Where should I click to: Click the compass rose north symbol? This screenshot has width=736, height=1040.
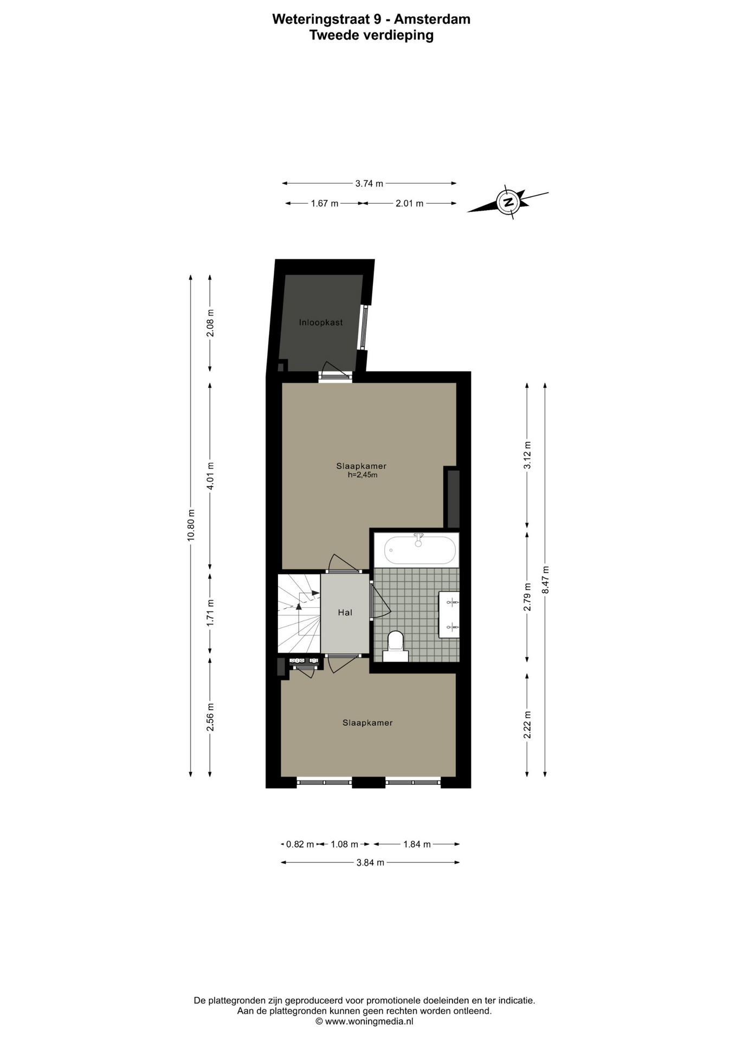[508, 202]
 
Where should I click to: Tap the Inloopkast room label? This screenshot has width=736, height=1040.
[321, 322]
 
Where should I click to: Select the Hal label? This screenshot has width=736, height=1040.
[345, 612]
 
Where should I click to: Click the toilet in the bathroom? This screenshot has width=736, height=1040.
[396, 646]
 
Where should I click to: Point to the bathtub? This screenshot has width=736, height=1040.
[421, 550]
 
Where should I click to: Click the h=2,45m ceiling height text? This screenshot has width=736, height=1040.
[362, 475]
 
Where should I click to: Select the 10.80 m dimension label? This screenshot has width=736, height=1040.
[190, 525]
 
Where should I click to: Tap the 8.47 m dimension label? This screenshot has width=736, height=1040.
[545, 580]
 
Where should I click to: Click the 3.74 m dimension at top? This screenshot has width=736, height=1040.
[369, 184]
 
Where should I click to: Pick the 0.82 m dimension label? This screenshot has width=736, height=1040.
[300, 844]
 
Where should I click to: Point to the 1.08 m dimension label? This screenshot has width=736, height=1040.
[345, 844]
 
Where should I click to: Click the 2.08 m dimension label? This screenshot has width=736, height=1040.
[210, 323]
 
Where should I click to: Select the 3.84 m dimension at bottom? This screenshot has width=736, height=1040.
[370, 862]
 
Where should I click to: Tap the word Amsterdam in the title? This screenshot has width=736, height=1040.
[432, 19]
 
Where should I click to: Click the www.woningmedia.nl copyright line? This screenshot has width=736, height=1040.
[364, 1022]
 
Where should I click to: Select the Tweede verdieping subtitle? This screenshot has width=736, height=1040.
[371, 35]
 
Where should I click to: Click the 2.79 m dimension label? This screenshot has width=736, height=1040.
[527, 597]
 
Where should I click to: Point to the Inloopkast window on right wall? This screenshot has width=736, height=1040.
[364, 327]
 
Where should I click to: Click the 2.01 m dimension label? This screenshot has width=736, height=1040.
[409, 203]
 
